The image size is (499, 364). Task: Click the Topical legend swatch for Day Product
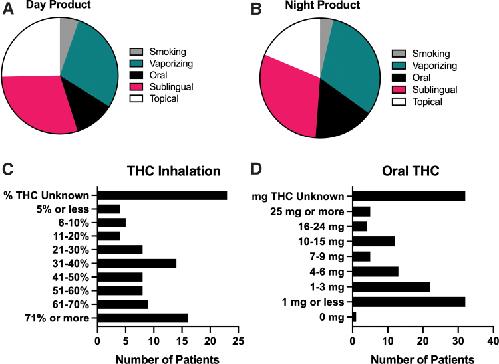click(x=136, y=99)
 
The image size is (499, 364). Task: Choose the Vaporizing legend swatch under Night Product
click(x=399, y=66)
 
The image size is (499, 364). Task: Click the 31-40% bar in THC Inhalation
click(x=136, y=263)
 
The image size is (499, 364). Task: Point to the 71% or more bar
click(x=142, y=318)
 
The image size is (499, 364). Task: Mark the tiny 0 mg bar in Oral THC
click(x=355, y=318)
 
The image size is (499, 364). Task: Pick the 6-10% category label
click(x=75, y=223)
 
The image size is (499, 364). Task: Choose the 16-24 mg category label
click(x=319, y=226)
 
